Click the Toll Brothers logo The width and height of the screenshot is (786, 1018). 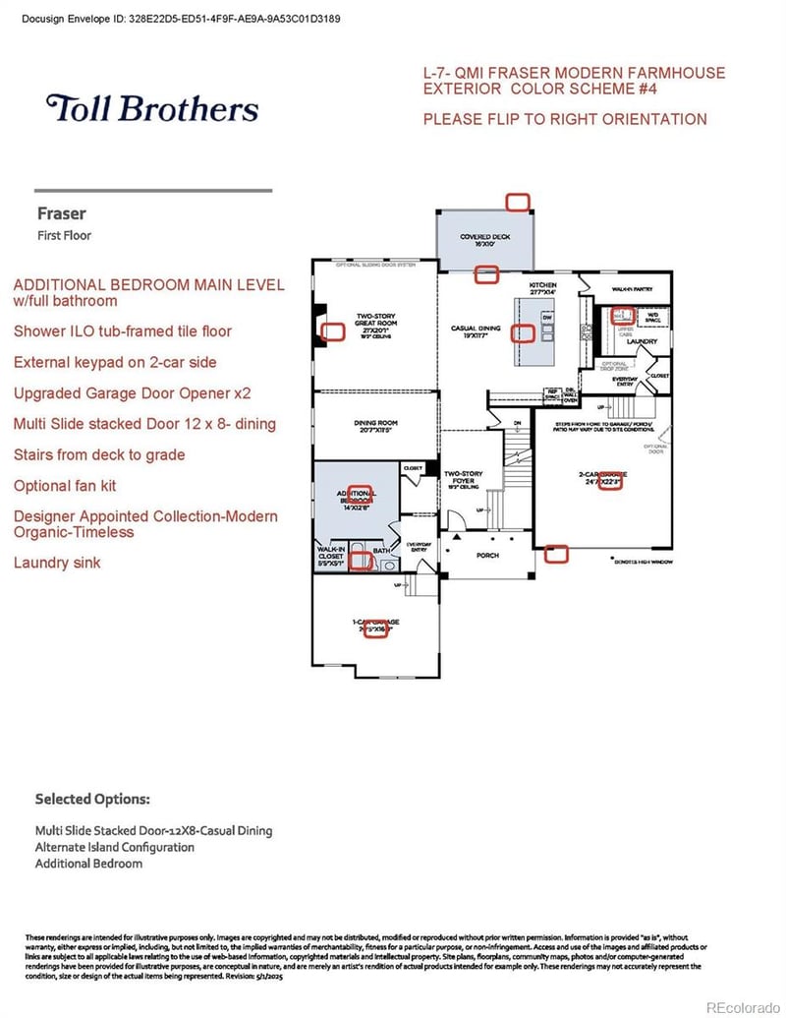point(151,108)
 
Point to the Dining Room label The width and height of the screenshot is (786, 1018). point(373,427)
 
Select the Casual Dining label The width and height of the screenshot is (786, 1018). point(476,332)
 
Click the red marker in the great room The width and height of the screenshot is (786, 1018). point(334,332)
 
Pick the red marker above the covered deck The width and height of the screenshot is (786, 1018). point(517,202)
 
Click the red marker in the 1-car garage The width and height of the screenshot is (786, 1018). point(375,629)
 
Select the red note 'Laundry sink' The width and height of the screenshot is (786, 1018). point(57,563)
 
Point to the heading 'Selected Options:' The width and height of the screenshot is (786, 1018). point(92,799)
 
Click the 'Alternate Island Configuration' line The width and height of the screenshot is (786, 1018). point(114,847)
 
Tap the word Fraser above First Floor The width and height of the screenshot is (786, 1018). point(62,213)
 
